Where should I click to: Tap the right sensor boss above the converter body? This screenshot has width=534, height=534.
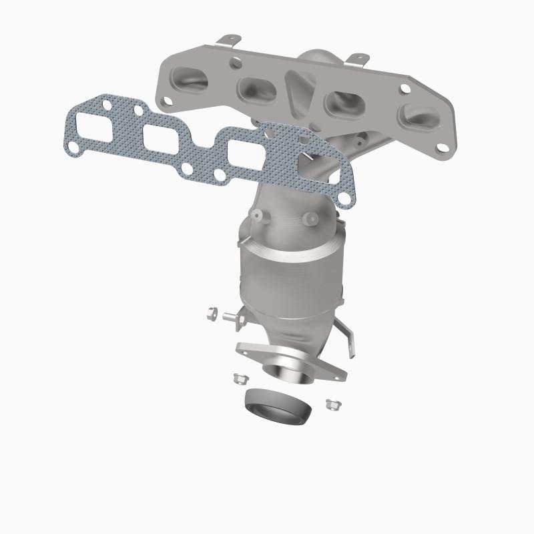(x=308, y=218)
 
